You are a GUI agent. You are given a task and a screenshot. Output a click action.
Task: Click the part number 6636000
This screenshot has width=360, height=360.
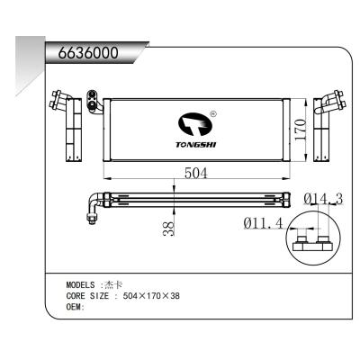click(x=88, y=52)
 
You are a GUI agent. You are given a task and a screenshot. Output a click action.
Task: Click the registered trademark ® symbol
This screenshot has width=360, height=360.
click(x=212, y=114)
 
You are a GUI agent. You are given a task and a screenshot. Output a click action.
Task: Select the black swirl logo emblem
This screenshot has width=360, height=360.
click(x=193, y=121)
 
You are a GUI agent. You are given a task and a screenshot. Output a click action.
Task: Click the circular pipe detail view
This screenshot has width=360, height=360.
click(x=314, y=241)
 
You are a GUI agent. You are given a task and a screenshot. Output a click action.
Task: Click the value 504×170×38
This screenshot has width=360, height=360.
click(x=151, y=295)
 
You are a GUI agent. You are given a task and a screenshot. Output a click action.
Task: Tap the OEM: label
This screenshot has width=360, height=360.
click(x=76, y=306)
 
